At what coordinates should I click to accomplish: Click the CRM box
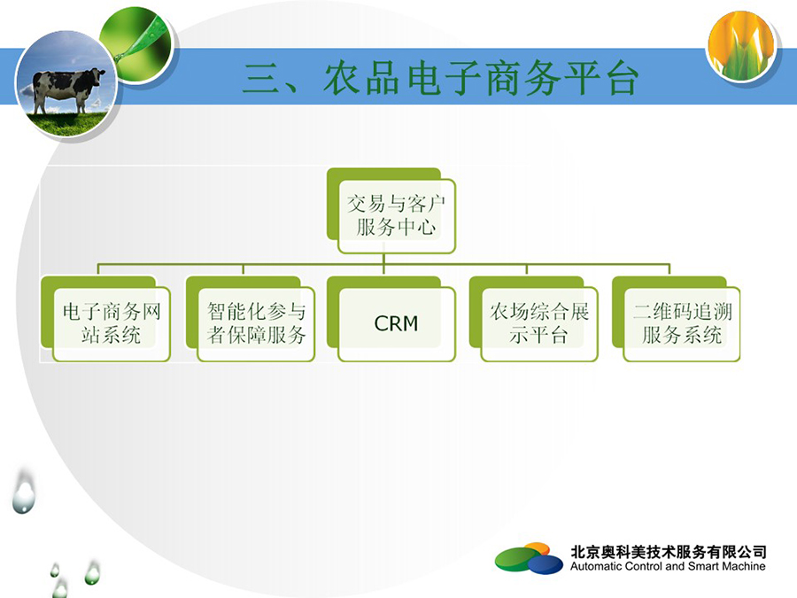391,319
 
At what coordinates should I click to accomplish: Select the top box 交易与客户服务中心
391,211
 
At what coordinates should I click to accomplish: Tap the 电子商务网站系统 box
105,319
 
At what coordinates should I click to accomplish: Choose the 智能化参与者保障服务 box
251,319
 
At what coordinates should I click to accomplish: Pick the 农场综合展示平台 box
534,319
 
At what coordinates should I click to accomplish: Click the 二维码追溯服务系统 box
676,319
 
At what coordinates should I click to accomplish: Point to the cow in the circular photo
66,88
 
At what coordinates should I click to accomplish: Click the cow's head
97,75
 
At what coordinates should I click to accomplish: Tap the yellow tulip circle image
741,46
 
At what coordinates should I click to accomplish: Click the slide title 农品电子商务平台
480,78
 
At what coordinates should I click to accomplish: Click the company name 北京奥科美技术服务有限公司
669,551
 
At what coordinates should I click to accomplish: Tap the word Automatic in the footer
595,566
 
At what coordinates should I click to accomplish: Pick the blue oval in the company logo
545,564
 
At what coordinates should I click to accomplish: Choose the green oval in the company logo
515,558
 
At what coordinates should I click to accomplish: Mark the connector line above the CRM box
383,264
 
